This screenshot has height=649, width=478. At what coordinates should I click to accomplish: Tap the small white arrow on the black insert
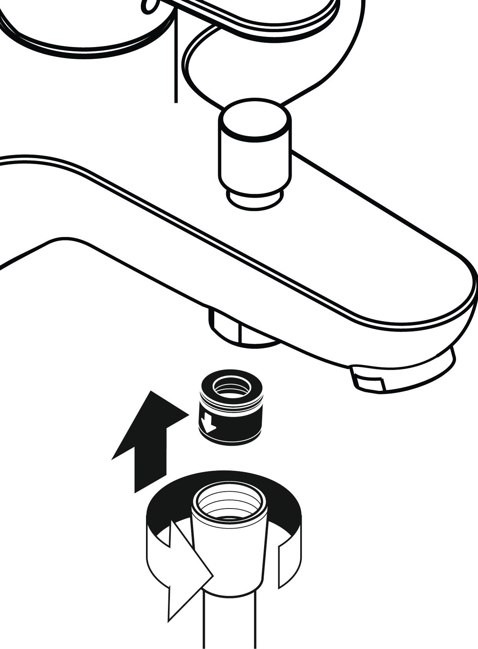point(207,422)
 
